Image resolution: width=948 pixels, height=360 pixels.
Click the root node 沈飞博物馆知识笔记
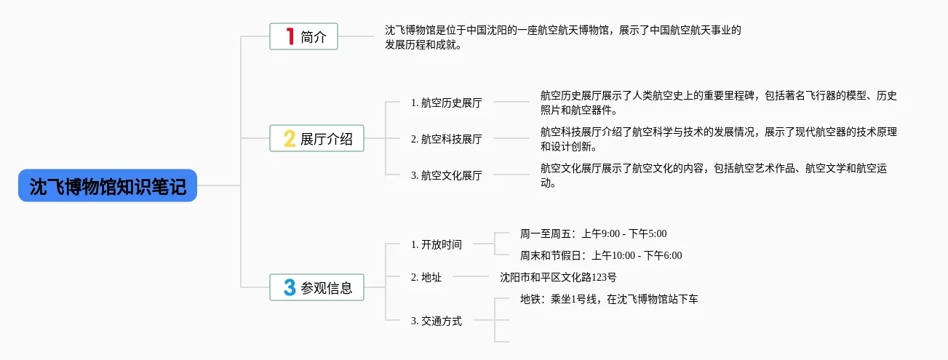click(x=108, y=185)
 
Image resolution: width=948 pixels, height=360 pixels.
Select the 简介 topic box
click(x=303, y=36)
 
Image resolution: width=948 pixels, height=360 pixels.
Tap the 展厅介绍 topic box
click(x=316, y=138)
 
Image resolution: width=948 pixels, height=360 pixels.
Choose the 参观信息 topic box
click(x=316, y=287)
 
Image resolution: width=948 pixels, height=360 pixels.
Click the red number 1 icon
click(x=290, y=36)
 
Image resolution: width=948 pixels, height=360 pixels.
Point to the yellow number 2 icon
click(x=289, y=138)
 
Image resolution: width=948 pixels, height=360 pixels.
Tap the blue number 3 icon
click(x=290, y=287)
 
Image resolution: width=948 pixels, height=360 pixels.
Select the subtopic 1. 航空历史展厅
click(x=446, y=103)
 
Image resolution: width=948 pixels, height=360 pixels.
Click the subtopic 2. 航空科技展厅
click(x=446, y=139)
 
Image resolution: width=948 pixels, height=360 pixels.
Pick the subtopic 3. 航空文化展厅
click(x=446, y=175)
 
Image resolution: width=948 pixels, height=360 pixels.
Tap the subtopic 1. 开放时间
click(x=436, y=244)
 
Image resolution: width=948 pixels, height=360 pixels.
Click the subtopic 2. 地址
click(x=426, y=277)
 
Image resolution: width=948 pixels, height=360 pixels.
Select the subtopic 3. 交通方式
click(x=436, y=321)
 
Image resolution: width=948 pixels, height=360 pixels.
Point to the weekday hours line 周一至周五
click(x=593, y=233)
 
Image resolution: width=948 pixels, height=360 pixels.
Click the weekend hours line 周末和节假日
click(x=601, y=255)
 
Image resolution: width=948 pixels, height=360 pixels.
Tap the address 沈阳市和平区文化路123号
click(x=558, y=277)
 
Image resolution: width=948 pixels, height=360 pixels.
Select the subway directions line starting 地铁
click(x=609, y=299)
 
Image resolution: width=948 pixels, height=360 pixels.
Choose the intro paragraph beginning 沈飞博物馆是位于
click(x=562, y=37)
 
